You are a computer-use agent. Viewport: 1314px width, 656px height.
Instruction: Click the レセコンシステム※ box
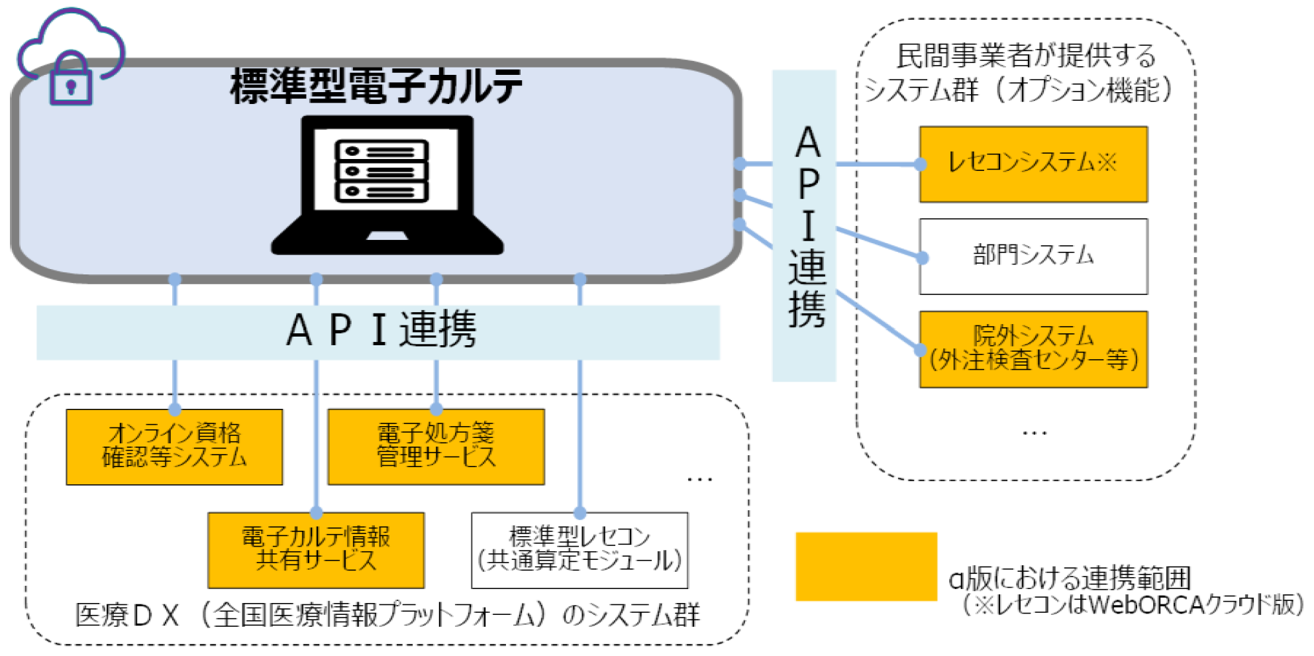[1033, 164]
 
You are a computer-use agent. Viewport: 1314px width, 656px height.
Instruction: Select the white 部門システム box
[1033, 256]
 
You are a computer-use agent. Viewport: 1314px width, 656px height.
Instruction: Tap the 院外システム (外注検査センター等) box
[1033, 349]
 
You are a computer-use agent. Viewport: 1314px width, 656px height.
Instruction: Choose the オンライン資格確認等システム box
[174, 447]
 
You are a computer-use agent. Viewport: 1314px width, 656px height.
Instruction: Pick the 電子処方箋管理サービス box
[436, 447]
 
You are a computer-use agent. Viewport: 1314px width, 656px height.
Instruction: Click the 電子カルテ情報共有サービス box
[316, 550]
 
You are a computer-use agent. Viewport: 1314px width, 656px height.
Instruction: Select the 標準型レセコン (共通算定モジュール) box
[580, 550]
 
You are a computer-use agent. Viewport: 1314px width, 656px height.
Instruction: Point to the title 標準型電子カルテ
[376, 87]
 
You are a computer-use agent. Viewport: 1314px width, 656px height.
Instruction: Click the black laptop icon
[387, 186]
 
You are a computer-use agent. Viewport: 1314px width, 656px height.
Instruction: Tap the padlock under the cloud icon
[71, 81]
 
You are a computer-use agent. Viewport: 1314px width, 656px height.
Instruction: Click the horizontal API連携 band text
[381, 331]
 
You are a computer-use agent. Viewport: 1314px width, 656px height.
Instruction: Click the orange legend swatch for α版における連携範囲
[866, 567]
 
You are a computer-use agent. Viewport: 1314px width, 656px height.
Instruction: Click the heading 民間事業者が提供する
[1026, 56]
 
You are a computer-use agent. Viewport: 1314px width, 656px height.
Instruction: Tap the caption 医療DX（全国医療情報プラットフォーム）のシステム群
[387, 615]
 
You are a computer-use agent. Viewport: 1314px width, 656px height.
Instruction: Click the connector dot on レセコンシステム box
[920, 164]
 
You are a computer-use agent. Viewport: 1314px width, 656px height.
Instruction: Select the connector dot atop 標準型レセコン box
[580, 513]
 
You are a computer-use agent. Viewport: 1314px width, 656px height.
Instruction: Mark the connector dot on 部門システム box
[922, 258]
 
